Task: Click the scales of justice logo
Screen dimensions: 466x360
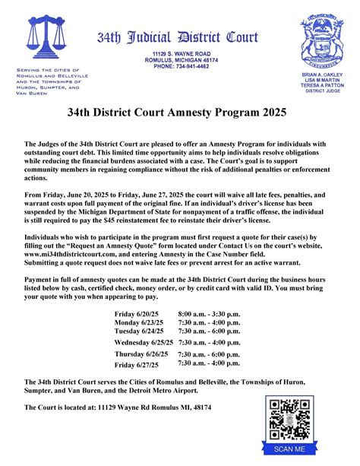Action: pyautogui.click(x=45, y=43)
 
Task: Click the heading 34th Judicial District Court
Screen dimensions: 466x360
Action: pyautogui.click(x=177, y=38)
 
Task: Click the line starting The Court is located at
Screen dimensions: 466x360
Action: pyautogui.click(x=118, y=407)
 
